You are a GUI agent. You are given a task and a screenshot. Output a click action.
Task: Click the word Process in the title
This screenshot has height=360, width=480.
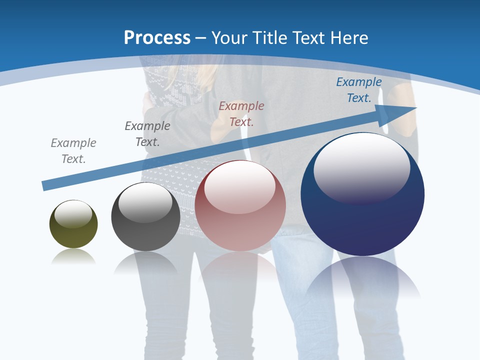(157, 37)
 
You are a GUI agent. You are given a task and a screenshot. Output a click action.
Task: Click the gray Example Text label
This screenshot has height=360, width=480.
(73, 151)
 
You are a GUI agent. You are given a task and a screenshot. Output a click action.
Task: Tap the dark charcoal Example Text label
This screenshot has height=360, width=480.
(147, 134)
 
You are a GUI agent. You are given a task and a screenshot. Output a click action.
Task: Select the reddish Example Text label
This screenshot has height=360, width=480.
(241, 114)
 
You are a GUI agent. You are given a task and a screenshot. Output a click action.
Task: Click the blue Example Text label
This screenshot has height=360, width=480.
(359, 90)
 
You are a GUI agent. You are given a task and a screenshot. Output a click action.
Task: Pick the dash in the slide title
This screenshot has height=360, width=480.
(201, 38)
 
